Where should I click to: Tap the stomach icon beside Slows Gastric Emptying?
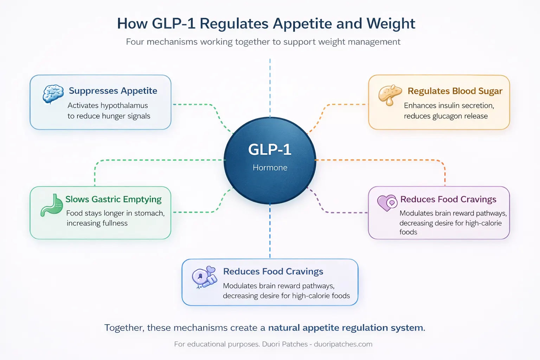tap(52, 205)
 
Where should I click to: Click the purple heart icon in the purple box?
tap(387, 203)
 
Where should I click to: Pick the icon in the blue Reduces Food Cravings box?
tap(204, 277)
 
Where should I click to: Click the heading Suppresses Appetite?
tap(113, 91)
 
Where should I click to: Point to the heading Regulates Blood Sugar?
tap(455, 91)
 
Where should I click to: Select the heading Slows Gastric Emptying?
tap(113, 199)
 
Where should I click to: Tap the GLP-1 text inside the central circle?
tap(270, 149)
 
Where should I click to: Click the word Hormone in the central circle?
tap(270, 168)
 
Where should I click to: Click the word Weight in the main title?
tap(391, 24)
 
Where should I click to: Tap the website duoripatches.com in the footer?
tap(343, 344)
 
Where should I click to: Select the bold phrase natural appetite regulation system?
tap(346, 328)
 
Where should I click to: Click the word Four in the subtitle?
tap(135, 42)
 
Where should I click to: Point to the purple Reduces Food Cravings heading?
tap(448, 199)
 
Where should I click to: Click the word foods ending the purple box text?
tap(408, 232)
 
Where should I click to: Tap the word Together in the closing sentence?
tap(124, 328)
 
